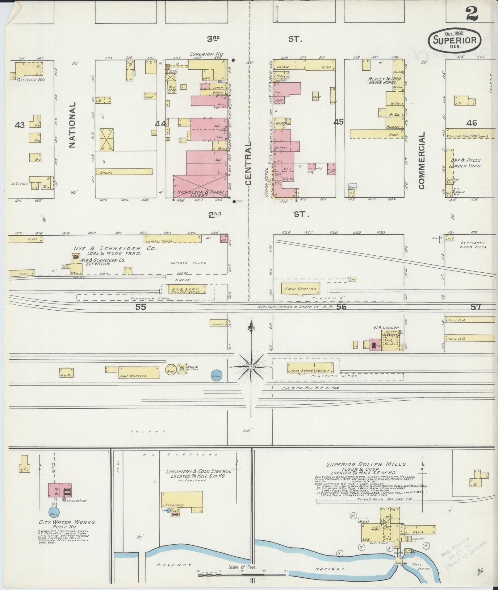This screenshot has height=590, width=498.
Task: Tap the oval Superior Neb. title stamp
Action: pos(454,39)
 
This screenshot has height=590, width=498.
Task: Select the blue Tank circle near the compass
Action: pos(216,376)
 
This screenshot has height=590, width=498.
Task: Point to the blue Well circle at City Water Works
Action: pos(55,513)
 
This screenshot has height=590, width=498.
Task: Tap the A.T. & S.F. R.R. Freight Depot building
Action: pos(186,289)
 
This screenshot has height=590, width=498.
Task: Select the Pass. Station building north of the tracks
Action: pos(300,289)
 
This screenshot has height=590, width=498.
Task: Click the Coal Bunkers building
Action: pos(139,373)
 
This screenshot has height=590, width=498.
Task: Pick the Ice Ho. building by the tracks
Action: pos(66,373)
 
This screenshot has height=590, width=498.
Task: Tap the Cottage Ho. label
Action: pos(27,80)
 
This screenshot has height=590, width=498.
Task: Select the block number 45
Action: pos(338,122)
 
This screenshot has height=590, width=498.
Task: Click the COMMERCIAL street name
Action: pos(422,160)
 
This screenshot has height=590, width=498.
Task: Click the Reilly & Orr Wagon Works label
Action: pos(380,81)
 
